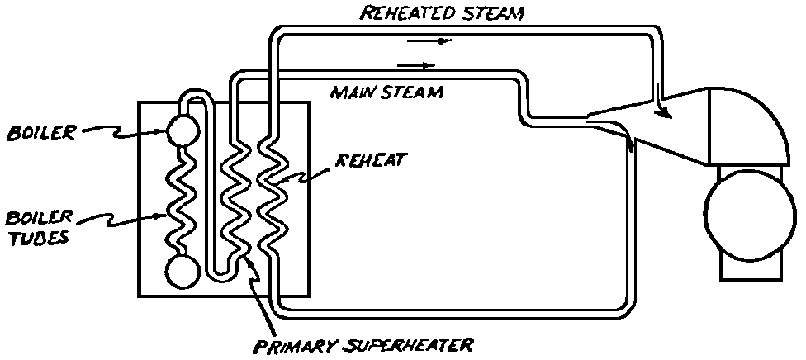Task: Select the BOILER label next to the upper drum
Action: (40, 132)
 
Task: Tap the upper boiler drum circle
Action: (182, 129)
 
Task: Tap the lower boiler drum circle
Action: (182, 269)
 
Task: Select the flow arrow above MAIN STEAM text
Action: (416, 64)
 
